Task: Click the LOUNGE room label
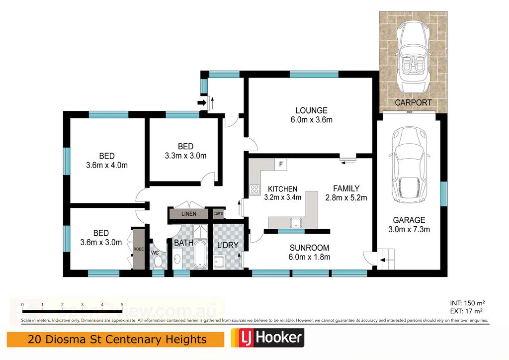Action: tap(311, 110)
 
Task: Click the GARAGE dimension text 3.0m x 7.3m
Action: tap(410, 229)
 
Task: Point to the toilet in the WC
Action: tap(158, 261)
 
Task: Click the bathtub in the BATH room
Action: tap(199, 255)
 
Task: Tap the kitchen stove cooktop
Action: tap(254, 188)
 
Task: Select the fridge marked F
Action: tap(280, 164)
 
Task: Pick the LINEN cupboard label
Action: tap(188, 214)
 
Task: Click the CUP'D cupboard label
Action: tap(218, 214)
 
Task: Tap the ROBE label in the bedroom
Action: tap(138, 249)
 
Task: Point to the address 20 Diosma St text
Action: tap(117, 340)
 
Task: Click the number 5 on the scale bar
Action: tap(122, 305)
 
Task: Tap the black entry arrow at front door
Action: tap(201, 102)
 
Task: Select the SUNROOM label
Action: tap(310, 248)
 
